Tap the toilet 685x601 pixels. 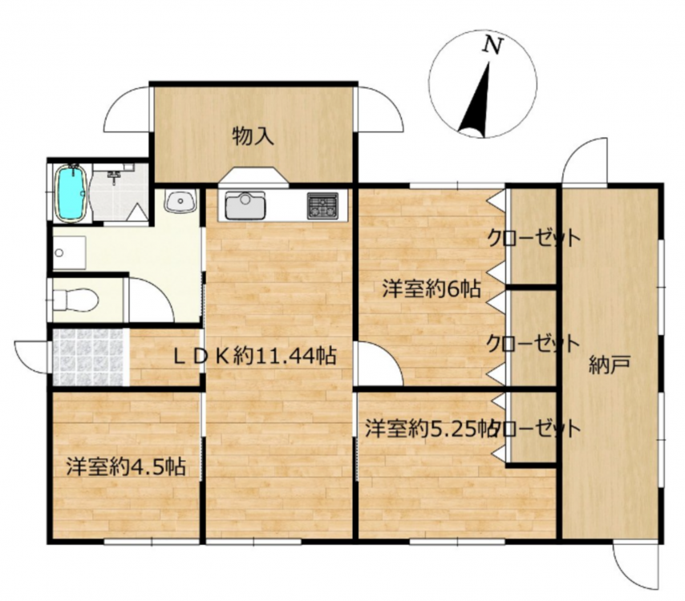tap(75, 300)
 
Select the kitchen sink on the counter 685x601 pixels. tap(245, 206)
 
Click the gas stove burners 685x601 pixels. tap(322, 206)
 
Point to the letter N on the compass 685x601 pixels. tap(492, 45)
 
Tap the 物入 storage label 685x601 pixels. tap(253, 136)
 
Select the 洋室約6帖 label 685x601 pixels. tap(432, 289)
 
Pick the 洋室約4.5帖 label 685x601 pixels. tap(126, 467)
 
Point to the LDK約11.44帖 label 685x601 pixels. tap(255, 356)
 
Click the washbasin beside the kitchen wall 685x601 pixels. tap(180, 201)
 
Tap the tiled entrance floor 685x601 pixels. tap(88, 357)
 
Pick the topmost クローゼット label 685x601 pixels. tap(534, 238)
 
